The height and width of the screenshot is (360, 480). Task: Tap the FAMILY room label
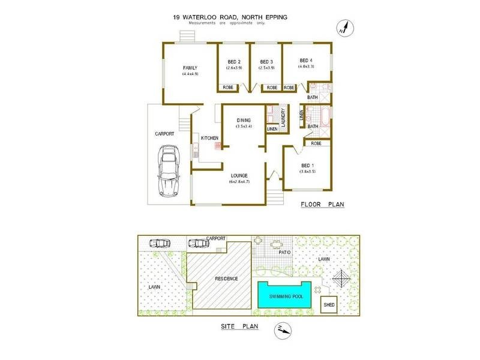[x=190, y=67]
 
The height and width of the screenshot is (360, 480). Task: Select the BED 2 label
[x=234, y=61]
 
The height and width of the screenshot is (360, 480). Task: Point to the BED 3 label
[x=266, y=61]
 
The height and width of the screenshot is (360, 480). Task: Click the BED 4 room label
[x=306, y=60]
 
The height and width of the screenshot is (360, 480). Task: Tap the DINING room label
[x=243, y=120]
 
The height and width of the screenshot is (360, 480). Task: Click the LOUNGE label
[x=239, y=175]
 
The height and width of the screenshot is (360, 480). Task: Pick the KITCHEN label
[x=209, y=139]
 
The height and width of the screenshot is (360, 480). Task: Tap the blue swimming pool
[x=284, y=296]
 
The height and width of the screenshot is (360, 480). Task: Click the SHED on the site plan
[x=329, y=305]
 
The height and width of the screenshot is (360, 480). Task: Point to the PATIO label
[x=285, y=253]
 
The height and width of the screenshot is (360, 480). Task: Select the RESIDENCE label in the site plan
[x=226, y=279]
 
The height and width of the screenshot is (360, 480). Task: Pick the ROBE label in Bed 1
[x=316, y=143]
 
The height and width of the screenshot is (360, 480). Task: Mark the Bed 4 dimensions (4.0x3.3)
[x=307, y=67]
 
